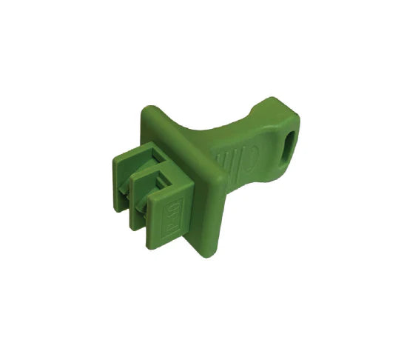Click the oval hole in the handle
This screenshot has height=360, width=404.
[286, 142]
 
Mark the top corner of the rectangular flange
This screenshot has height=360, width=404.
[148, 108]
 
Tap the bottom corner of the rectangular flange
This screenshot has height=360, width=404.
[206, 254]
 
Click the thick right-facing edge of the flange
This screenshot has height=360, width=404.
[215, 215]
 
